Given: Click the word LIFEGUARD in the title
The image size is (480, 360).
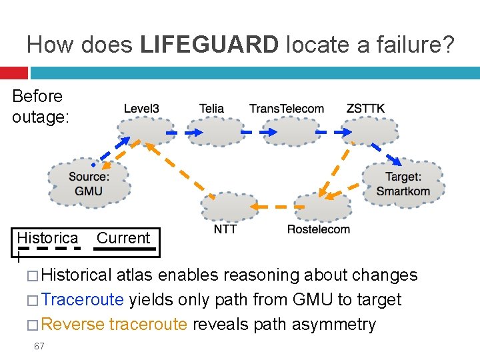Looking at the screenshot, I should [210, 45].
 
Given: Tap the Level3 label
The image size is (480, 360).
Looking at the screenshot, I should [141, 108].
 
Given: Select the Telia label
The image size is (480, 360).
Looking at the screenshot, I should [211, 108].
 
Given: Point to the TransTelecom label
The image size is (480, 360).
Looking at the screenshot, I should [287, 108].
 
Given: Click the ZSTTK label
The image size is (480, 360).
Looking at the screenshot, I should [365, 108].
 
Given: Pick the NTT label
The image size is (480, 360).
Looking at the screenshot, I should [225, 229].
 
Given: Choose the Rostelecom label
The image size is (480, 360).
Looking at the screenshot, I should [318, 229].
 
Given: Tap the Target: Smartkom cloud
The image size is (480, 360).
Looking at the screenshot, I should [403, 183].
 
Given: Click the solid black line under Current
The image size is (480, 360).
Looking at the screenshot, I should [126, 248].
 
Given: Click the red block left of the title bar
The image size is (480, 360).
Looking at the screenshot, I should [13, 73].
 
